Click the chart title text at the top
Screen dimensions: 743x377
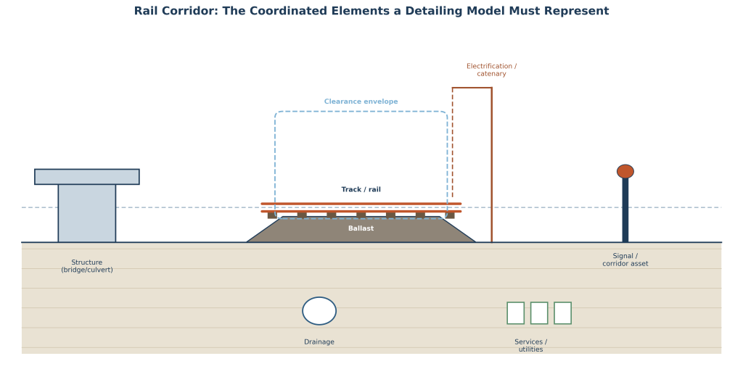pyautogui.click(x=371, y=11)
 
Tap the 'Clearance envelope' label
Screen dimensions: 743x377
pyautogui.click(x=361, y=101)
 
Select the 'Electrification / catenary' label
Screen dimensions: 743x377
pyautogui.click(x=491, y=70)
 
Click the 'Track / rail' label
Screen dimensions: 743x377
pyautogui.click(x=361, y=189)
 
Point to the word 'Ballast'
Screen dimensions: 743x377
pyautogui.click(x=361, y=228)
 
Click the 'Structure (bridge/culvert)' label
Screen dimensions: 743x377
pyautogui.click(x=87, y=266)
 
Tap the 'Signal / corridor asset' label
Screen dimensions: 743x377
pyautogui.click(x=625, y=260)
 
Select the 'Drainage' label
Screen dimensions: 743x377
pyautogui.click(x=319, y=342)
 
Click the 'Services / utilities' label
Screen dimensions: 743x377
pyautogui.click(x=530, y=345)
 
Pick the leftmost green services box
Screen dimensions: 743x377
pyautogui.click(x=516, y=313)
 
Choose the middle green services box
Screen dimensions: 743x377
pyautogui.click(x=539, y=313)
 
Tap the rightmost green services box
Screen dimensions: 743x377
pyautogui.click(x=562, y=313)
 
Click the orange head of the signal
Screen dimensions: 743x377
pyautogui.click(x=625, y=171)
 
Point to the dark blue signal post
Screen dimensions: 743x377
pyautogui.click(x=625, y=210)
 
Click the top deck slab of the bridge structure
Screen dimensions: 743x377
pyautogui.click(x=87, y=177)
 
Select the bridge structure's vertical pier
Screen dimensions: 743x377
pyautogui.click(x=87, y=213)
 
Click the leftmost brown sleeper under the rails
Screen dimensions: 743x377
pyautogui.click(x=272, y=215)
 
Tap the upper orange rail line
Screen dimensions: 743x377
pyautogui.click(x=361, y=204)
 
